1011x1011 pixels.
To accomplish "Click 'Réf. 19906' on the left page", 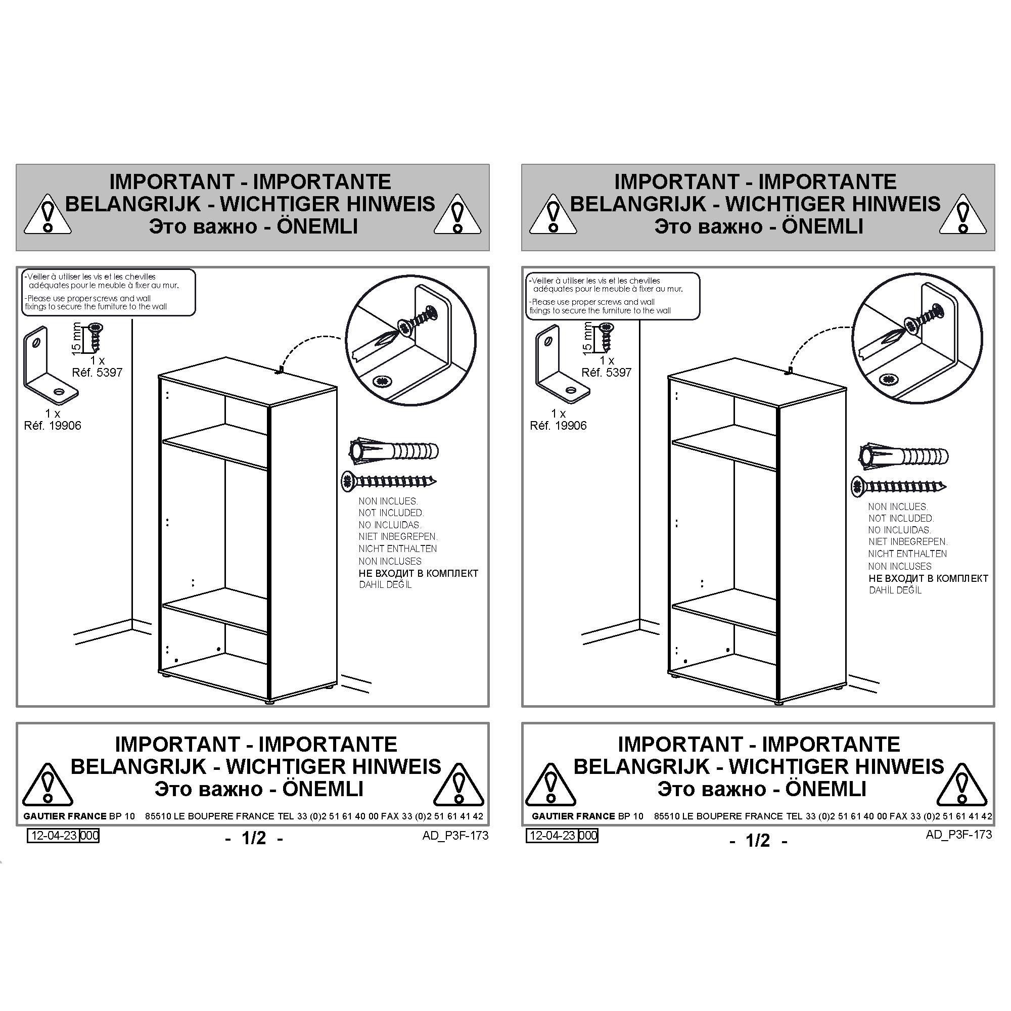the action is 53,426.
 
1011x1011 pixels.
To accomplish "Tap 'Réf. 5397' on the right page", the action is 607,372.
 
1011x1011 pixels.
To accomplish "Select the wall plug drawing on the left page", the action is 393,450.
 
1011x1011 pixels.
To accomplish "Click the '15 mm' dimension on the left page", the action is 76,339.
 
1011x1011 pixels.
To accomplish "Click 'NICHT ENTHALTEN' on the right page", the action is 907,554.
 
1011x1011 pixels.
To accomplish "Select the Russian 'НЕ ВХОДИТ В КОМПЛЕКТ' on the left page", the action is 418,573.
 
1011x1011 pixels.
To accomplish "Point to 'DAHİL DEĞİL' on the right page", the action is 895,590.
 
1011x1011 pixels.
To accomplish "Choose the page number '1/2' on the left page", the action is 254,838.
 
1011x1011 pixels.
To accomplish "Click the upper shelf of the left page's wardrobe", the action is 214,445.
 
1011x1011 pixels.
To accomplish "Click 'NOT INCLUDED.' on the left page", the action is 391,513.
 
